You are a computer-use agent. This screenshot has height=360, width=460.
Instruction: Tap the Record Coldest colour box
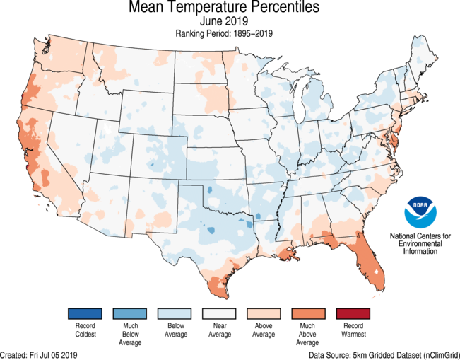pyautogui.click(x=85, y=313)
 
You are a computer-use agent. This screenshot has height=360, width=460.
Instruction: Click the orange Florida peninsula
pyautogui.click(x=372, y=265)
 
